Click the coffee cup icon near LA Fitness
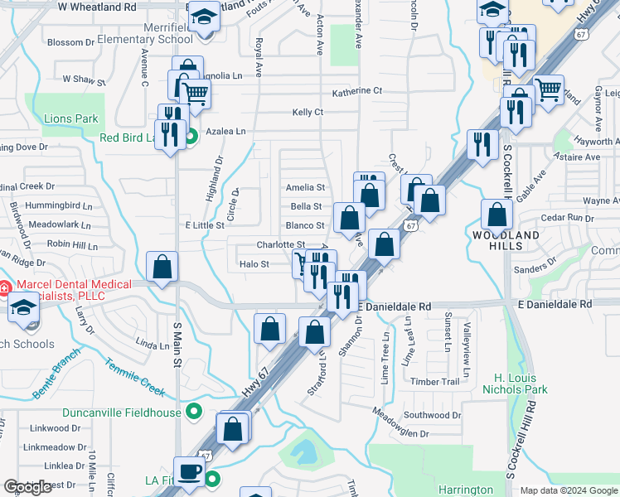click(190, 471)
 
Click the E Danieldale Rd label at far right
click(555, 304)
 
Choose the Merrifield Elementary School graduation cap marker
click(203, 17)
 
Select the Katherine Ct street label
click(356, 91)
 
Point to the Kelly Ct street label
click(307, 112)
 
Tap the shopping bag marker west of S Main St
click(162, 267)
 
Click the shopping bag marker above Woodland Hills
click(496, 215)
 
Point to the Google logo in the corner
click(27, 487)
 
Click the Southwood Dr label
click(432, 415)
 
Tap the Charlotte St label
click(274, 244)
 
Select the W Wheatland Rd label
click(96, 7)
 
